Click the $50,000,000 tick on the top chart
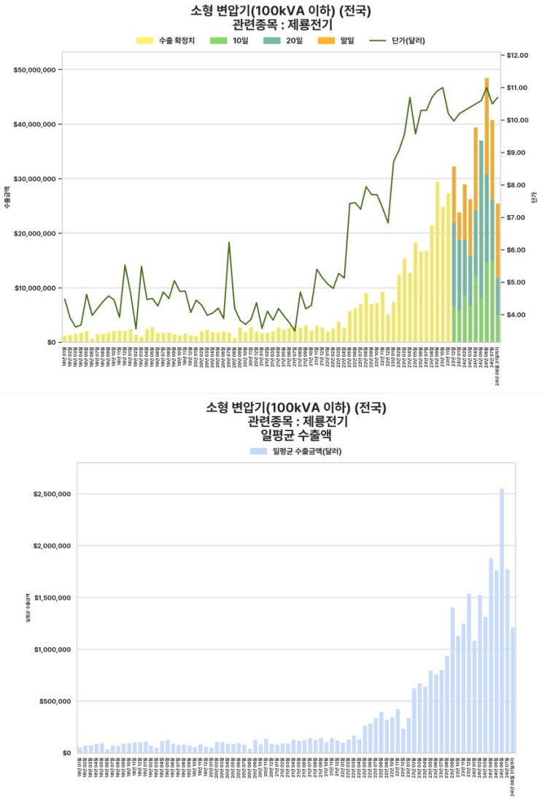click(x=34, y=70)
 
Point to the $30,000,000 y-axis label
click(x=34, y=179)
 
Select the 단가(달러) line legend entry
click(x=397, y=40)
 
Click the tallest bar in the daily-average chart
click(x=502, y=620)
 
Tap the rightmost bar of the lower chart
click(x=513, y=689)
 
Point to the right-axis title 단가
click(x=535, y=197)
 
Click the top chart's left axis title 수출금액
click(x=8, y=197)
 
